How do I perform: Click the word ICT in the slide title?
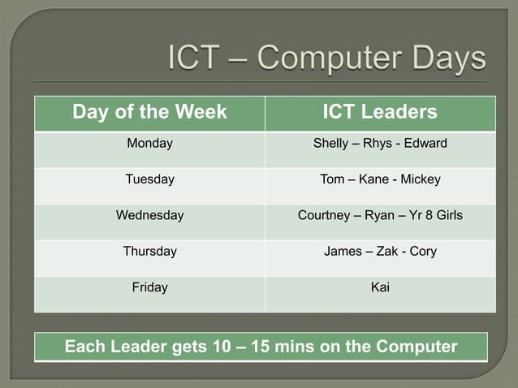tap(196, 58)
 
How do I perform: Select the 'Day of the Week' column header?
tap(149, 112)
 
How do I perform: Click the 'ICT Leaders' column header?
tap(380, 112)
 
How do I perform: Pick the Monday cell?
tap(149, 144)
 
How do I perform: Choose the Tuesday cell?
tap(149, 179)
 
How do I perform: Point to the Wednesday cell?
tap(149, 215)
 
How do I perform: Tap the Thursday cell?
tap(149, 251)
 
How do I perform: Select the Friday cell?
tap(149, 287)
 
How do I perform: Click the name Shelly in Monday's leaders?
tap(330, 144)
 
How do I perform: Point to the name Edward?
tap(425, 144)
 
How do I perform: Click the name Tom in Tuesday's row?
tap(332, 179)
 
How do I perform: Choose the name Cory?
tap(423, 251)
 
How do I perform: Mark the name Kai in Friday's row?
tap(380, 287)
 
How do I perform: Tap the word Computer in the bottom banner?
tap(417, 347)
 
